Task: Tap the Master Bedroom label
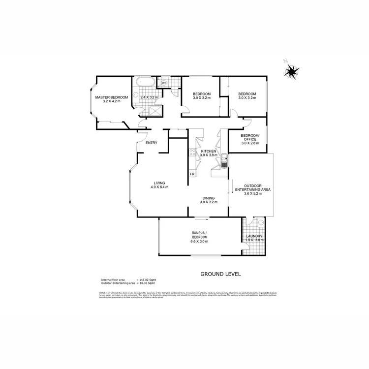click(x=112, y=97)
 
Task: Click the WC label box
click(x=165, y=83)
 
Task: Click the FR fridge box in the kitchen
click(x=192, y=174)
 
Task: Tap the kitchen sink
click(x=223, y=161)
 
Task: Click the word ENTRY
click(x=151, y=143)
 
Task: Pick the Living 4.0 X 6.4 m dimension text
click(x=159, y=187)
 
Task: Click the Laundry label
click(x=254, y=237)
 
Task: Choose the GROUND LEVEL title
click(x=220, y=274)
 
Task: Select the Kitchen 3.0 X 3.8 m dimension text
click(x=209, y=155)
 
